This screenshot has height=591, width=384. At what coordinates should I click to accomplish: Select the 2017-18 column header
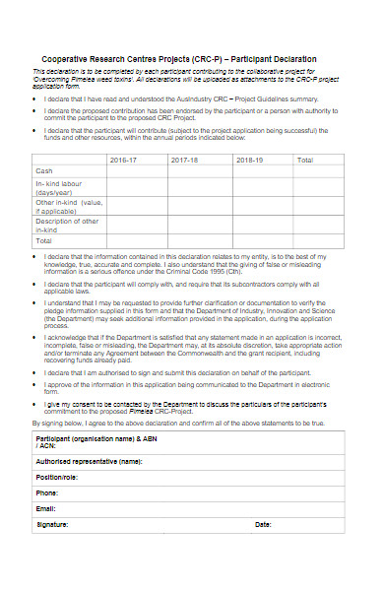(x=184, y=160)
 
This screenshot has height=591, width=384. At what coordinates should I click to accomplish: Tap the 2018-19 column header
(x=250, y=160)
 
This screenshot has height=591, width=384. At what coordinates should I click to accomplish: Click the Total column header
(x=305, y=160)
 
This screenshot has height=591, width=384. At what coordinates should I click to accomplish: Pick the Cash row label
(x=44, y=171)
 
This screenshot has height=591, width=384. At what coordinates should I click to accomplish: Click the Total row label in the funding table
(x=44, y=239)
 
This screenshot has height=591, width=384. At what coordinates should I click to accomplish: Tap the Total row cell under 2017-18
(x=198, y=239)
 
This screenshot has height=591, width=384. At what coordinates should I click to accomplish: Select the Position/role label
(x=56, y=477)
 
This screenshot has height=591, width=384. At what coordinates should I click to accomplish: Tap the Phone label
(x=47, y=492)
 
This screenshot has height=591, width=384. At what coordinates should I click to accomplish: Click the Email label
(x=46, y=508)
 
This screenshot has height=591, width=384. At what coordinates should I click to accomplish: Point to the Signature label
(x=53, y=525)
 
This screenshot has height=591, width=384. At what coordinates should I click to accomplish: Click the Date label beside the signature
(x=263, y=525)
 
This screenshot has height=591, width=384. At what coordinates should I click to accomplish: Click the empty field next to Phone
(x=197, y=492)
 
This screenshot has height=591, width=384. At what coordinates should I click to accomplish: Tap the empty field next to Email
(x=197, y=508)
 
